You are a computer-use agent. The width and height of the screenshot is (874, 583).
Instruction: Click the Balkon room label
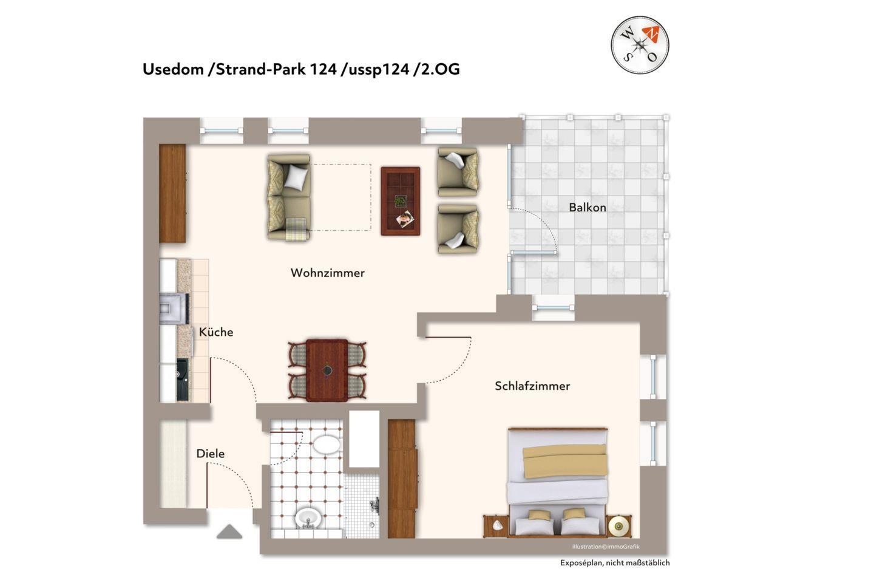click(588, 207)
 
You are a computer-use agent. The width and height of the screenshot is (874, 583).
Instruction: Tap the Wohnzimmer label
click(327, 273)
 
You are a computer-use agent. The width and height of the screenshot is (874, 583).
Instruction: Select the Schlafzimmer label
click(532, 386)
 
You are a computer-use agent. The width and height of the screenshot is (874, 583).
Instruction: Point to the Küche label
click(216, 332)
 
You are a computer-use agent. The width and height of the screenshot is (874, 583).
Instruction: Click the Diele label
click(210, 454)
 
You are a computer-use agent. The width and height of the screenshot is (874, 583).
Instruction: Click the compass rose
click(640, 45)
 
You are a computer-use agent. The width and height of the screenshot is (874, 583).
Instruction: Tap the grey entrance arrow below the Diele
click(229, 531)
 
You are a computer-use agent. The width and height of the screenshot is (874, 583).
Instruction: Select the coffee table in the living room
click(401, 201)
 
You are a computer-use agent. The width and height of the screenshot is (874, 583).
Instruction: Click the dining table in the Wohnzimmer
click(327, 370)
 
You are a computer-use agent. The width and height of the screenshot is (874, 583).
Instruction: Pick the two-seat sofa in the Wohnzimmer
click(289, 197)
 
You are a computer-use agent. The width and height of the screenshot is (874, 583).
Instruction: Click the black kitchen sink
click(182, 380)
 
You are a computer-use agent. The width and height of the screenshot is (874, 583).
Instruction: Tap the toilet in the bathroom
click(326, 445)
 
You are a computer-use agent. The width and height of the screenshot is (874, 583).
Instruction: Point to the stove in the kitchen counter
click(174, 309)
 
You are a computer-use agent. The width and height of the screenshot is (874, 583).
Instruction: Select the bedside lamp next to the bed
click(618, 527)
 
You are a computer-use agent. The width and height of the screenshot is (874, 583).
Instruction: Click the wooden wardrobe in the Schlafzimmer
click(402, 479)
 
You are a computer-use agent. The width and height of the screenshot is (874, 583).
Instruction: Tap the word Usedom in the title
click(173, 69)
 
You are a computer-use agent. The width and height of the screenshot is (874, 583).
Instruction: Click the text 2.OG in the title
click(440, 69)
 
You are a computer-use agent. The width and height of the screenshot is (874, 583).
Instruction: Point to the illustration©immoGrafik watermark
click(606, 547)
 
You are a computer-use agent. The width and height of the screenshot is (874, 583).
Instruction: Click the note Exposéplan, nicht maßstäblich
click(615, 563)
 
